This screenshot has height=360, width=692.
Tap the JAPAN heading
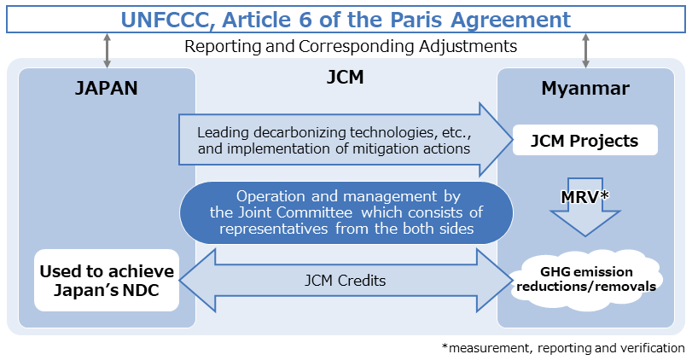pos(107,88)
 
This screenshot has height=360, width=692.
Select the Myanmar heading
pos(585,88)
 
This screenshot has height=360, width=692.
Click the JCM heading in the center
pos(345,78)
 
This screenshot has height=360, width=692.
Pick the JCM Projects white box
pos(585,141)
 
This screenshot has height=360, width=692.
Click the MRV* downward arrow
pos(585,205)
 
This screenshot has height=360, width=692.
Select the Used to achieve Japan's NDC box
pos(107,280)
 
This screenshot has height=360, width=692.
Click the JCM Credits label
pos(345,280)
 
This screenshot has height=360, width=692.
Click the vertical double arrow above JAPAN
pos(107,49)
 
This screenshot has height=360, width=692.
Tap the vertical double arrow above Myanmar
pos(585,49)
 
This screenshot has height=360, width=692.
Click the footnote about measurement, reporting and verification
pos(563,348)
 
